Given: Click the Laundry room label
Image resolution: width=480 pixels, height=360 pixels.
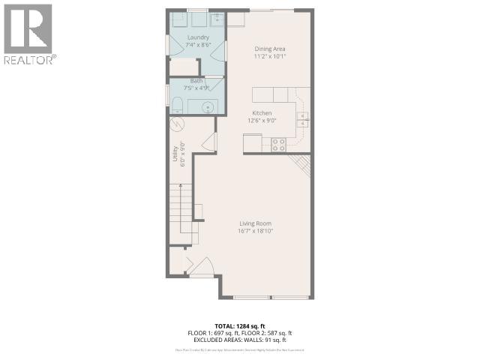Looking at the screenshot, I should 198,37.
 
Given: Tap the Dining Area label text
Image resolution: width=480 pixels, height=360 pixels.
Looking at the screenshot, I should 269,49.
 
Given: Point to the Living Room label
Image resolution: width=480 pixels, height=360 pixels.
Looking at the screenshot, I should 255,224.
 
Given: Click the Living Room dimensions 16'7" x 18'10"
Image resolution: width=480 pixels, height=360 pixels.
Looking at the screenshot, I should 255,232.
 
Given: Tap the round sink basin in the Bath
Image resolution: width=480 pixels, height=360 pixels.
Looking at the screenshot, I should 208,106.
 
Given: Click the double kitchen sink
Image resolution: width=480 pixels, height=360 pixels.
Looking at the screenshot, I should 302,116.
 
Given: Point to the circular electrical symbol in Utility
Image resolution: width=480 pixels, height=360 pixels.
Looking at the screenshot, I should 178,124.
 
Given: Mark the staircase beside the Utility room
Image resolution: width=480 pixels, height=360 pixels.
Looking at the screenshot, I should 182,214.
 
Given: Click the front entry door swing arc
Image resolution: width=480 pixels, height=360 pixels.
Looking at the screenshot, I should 199,265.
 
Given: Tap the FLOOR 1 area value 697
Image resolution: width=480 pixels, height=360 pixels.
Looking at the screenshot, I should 223,332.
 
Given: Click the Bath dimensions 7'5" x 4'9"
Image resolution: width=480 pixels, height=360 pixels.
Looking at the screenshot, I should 197,87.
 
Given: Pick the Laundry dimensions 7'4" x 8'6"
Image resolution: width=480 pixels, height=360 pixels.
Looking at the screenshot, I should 198,43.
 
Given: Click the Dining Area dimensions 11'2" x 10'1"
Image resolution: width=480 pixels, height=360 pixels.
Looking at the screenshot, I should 269,56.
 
